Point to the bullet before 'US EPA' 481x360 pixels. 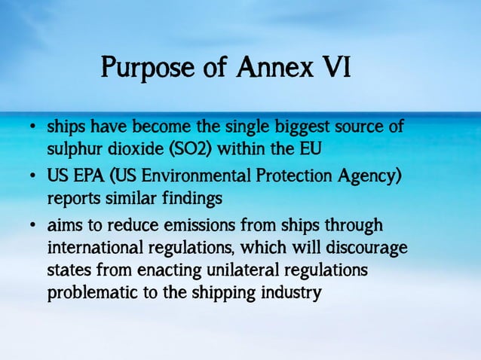pos(33,177)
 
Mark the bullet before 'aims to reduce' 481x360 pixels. pos(33,227)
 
